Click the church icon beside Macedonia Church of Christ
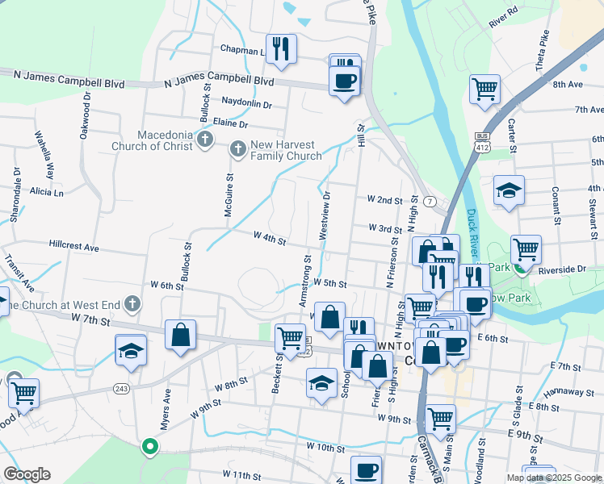pos(205,140)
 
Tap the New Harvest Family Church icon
pos(237,148)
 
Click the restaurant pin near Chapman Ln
pos(281,49)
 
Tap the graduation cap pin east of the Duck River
pos(509,191)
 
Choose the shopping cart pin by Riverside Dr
pos(526,249)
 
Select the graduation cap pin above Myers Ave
pos(131,349)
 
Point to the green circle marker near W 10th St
pos(149,445)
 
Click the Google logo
pos(27,474)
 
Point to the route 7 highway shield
pos(432,200)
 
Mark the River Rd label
pos(502,17)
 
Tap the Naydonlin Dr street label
pos(247,105)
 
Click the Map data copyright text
pos(555,478)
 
